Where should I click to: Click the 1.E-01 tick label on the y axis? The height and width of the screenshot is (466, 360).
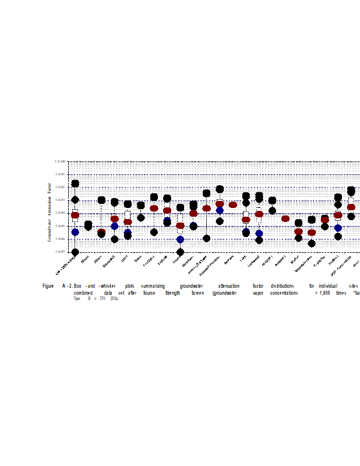(x=59, y=174)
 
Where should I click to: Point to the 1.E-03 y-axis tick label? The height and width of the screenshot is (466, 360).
(x=59, y=200)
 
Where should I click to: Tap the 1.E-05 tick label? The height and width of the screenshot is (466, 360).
(x=59, y=226)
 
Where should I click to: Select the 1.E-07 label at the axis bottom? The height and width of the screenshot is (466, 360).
(x=59, y=252)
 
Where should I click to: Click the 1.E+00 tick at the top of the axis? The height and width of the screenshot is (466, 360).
(x=59, y=161)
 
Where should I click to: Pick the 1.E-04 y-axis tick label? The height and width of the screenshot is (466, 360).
(x=59, y=213)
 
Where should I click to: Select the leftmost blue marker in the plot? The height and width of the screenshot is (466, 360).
(x=75, y=232)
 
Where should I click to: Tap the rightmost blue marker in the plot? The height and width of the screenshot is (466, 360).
(x=338, y=228)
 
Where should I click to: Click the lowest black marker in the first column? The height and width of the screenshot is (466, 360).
(x=75, y=252)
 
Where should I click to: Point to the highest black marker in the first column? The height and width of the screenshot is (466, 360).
(x=75, y=183)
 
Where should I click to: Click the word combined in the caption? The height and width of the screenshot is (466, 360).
(x=84, y=293)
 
